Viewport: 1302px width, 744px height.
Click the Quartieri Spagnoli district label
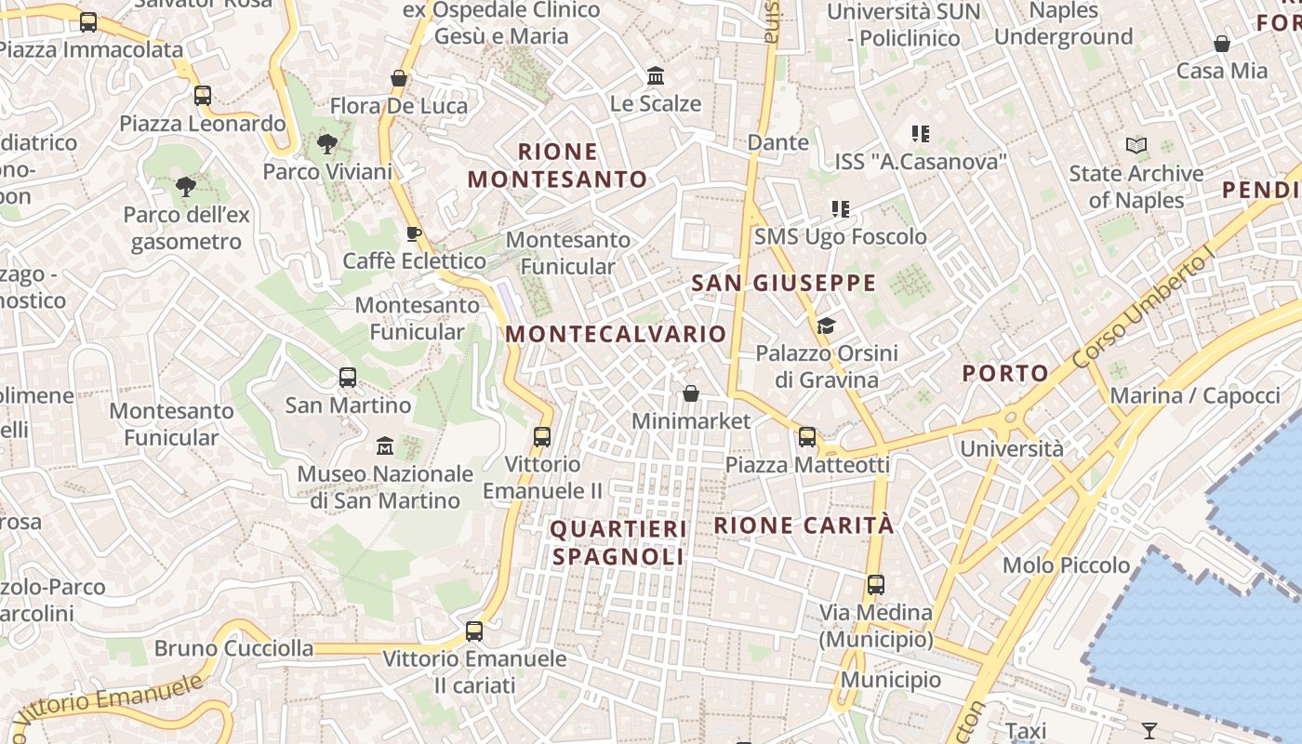click(618, 542)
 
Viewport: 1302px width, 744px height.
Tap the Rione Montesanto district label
click(557, 165)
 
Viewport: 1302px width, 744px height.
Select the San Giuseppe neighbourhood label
click(784, 283)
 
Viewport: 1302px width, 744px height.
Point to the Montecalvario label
click(616, 334)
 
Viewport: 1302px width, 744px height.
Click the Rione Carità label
click(804, 525)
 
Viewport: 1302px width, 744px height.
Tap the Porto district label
click(1005, 374)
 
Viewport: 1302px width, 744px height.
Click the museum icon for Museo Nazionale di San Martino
click(385, 446)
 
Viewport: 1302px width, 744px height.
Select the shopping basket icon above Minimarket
click(690, 393)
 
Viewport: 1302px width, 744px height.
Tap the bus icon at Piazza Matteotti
click(806, 437)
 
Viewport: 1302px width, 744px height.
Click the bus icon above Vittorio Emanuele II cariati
click(474, 631)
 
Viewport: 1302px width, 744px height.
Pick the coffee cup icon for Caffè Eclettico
click(414, 233)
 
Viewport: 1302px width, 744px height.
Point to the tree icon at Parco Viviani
click(326, 144)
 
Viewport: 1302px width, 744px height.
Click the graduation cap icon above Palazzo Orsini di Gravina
click(826, 325)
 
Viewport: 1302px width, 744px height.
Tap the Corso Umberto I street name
click(1143, 310)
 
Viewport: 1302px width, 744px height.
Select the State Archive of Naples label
click(1136, 186)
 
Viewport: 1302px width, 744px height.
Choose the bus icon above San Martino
click(348, 378)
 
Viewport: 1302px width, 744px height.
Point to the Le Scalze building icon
click(656, 75)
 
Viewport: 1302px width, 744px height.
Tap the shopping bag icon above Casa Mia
click(1222, 44)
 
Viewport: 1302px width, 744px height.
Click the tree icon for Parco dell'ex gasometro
click(186, 187)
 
